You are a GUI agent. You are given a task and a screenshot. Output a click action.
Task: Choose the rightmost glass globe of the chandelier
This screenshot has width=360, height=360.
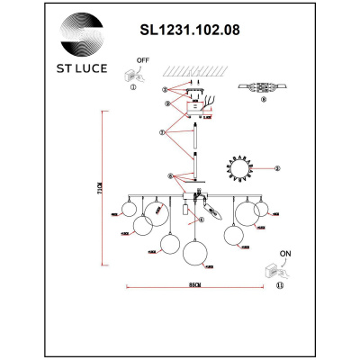[261, 210]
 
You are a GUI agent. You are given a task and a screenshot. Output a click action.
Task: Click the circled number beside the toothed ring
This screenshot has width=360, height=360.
[278, 167]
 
